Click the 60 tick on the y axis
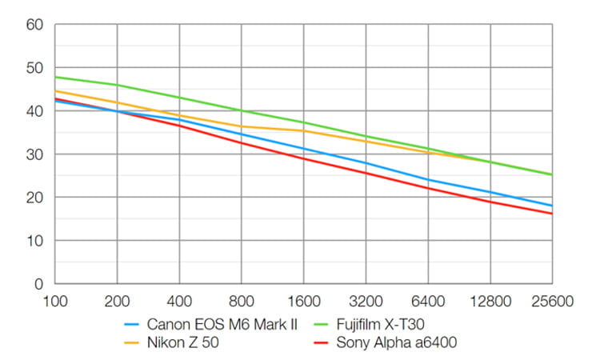coord(34,25)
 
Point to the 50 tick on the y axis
coord(34,68)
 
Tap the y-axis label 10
coord(34,241)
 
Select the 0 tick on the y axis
coord(38,284)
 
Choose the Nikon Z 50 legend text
coord(180,344)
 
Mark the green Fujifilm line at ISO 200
coord(118,85)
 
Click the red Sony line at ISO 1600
coord(304,158)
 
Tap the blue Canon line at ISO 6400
coord(428,180)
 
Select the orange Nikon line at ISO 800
coord(242,126)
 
